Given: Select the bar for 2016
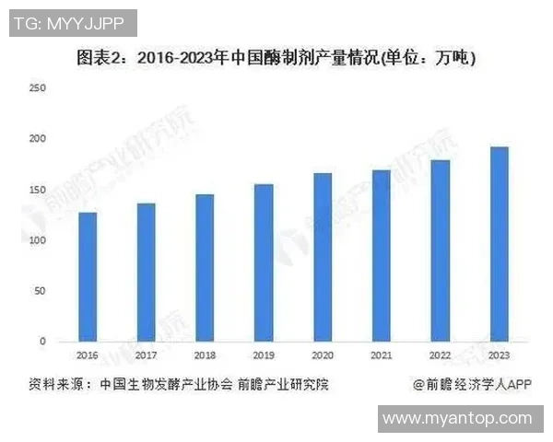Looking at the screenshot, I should [x=88, y=276].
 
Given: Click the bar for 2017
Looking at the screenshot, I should [x=146, y=272].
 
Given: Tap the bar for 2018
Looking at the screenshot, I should [x=205, y=267].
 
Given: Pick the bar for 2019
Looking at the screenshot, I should [x=264, y=262].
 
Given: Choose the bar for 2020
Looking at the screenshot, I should [x=323, y=257].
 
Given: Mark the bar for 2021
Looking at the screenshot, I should [x=382, y=255].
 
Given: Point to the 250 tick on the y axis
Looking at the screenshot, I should [x=38, y=88].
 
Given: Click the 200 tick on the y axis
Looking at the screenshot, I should [x=38, y=139].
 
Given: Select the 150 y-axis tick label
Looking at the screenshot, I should [x=38, y=190].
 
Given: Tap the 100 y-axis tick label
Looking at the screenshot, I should [x=38, y=240].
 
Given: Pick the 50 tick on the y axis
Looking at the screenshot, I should [x=40, y=291].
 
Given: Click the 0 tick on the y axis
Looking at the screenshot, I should [x=42, y=342].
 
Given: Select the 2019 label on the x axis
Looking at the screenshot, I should [x=264, y=355].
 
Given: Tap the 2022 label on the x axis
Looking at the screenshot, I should [x=441, y=355].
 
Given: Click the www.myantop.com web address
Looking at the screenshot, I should [x=457, y=418].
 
